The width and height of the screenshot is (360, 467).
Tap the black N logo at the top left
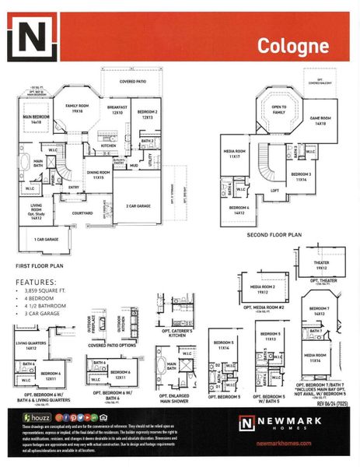32,40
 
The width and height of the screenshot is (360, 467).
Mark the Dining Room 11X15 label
98,177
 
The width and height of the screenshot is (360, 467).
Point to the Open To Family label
279,110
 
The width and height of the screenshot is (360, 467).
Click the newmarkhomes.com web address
282,443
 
